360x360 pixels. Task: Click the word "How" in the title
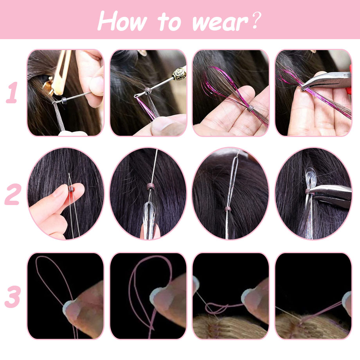point(122,21)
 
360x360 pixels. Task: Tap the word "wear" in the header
point(220,23)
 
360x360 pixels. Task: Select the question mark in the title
point(257,20)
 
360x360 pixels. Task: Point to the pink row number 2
point(13,194)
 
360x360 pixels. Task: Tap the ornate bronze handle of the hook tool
point(179,74)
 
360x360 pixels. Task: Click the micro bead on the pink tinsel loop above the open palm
point(250,108)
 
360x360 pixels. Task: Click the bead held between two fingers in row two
point(71,189)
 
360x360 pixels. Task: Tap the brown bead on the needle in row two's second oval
point(150,186)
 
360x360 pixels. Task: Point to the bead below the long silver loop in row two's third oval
point(227,209)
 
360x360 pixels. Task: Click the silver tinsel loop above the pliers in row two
point(310,178)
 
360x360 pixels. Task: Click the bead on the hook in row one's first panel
point(64,101)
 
